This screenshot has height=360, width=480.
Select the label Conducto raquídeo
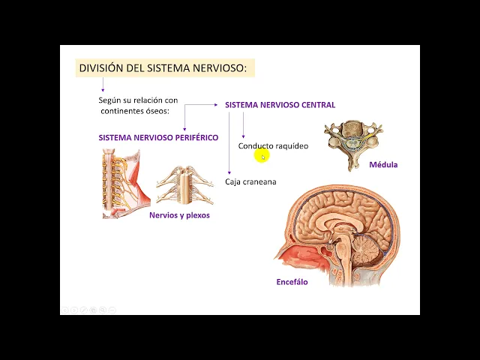click(273, 146)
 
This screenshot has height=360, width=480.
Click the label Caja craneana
click(250, 181)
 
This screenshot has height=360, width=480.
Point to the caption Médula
click(383, 165)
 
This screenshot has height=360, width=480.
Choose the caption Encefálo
click(292, 282)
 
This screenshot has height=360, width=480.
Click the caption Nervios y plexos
click(179, 215)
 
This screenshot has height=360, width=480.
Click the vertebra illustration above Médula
click(352, 139)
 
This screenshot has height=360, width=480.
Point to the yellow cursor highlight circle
click(261, 155)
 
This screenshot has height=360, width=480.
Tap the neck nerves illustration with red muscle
click(124, 183)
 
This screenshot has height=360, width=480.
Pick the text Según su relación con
click(138, 100)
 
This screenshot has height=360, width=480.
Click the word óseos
click(156, 111)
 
